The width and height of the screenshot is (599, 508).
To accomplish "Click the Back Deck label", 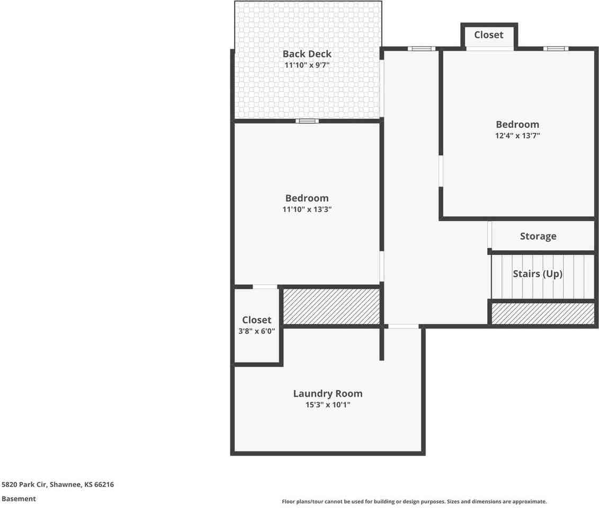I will [x=307, y=54].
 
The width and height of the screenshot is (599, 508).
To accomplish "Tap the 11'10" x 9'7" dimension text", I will [x=307, y=66].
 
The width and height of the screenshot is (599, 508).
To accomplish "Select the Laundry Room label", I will [x=328, y=394].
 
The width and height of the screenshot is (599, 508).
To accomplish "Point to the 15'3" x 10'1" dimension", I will [x=328, y=405].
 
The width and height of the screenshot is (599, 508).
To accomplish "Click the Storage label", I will [x=538, y=237].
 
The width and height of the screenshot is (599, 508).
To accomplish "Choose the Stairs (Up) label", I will [x=538, y=274].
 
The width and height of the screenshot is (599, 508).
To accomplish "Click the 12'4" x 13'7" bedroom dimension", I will [x=517, y=136].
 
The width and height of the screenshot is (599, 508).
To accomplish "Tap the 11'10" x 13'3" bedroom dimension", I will [x=307, y=210].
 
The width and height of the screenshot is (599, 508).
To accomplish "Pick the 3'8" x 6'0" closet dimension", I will [x=257, y=331].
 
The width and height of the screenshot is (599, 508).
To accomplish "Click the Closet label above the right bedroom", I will [x=489, y=35].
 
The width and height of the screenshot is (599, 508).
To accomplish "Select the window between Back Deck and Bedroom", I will [x=307, y=121].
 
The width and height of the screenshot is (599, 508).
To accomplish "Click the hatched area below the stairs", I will [x=543, y=314].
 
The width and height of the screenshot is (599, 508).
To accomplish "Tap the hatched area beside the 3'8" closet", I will [x=332, y=306].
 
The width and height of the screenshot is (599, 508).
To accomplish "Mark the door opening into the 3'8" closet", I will [x=265, y=287].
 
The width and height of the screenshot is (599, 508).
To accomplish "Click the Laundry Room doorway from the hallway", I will [x=403, y=326].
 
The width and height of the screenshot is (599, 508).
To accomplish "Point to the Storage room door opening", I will [x=490, y=235].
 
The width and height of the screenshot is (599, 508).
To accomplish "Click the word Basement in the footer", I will [x=19, y=498].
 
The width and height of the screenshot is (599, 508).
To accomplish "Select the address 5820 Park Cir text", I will [x=57, y=484].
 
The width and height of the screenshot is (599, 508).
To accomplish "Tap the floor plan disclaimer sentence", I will [x=414, y=502].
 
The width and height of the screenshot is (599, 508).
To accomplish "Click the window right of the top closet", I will [x=556, y=49].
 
